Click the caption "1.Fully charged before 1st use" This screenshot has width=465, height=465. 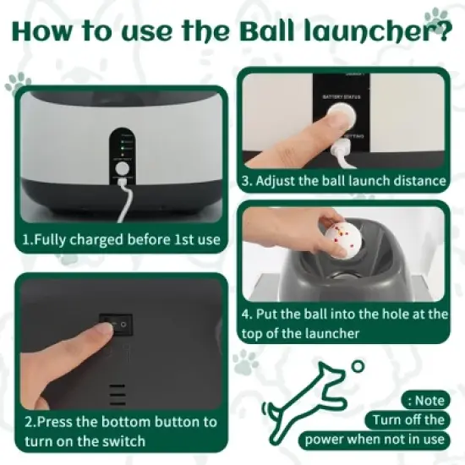coord(121,239)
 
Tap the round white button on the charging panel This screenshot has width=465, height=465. coord(123,168)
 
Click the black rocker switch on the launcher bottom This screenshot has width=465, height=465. coord(116,324)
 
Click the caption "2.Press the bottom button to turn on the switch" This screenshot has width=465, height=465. coord(121,430)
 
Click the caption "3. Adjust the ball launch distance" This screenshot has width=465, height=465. coord(343,180)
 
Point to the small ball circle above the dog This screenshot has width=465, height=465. coord(358,367)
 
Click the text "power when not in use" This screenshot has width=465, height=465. coord(375,439)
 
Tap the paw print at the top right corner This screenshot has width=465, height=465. coord(436,14)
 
